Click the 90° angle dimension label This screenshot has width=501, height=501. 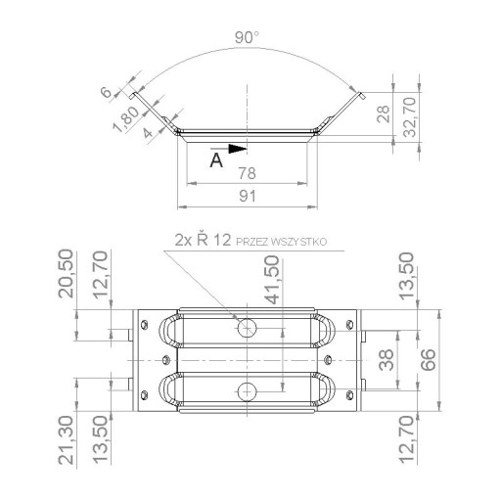pos(247,38)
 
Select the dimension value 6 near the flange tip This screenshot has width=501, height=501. pos(107,92)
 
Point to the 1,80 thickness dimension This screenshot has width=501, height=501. pos(126,119)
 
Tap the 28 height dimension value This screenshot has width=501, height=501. pos(384,114)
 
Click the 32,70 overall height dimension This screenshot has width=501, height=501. pos(410,116)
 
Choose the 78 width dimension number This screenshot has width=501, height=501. pos(247,173)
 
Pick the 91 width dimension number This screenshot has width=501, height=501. pos(248,196)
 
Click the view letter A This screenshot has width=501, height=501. pos(216,160)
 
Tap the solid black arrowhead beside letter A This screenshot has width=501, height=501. pos(238,149)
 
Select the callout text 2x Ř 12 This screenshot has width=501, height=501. pos(203,241)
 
